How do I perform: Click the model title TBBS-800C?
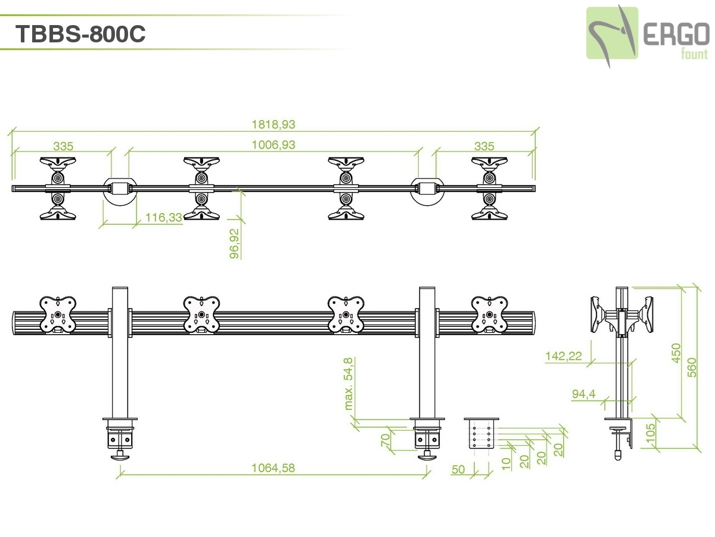80,34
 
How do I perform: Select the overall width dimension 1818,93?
273,124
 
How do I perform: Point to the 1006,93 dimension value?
273,144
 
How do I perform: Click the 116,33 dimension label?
163,218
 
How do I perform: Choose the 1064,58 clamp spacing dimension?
273,468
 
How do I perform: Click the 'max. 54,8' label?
349,383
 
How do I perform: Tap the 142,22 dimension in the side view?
563,356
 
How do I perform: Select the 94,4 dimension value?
584,394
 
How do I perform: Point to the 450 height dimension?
676,353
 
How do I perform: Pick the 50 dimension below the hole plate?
458,470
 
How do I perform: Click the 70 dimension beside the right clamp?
385,440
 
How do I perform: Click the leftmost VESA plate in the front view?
58,314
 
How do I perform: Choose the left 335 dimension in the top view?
63,146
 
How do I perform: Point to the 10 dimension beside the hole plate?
506,463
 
